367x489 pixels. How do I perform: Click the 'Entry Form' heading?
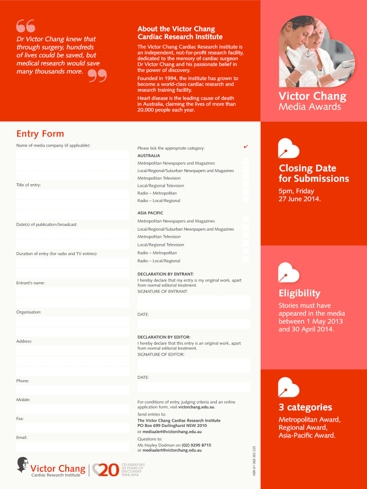[x=40, y=134]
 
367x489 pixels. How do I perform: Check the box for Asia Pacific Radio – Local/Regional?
[x=245, y=259]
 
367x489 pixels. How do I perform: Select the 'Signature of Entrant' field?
[x=194, y=302]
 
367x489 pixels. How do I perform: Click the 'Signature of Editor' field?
[x=194, y=365]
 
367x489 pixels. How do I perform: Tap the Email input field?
[x=72, y=447]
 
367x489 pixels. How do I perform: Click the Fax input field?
[x=72, y=428]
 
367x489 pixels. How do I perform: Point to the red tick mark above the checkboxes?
[x=245, y=147]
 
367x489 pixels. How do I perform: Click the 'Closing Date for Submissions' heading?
[x=314, y=173]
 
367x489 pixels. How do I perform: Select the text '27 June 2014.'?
[x=300, y=199]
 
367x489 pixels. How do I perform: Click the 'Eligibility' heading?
[x=299, y=293]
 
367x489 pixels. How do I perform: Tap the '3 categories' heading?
[x=306, y=407]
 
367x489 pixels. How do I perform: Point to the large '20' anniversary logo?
[x=105, y=470]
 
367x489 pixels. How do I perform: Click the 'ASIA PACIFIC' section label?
[x=150, y=213]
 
